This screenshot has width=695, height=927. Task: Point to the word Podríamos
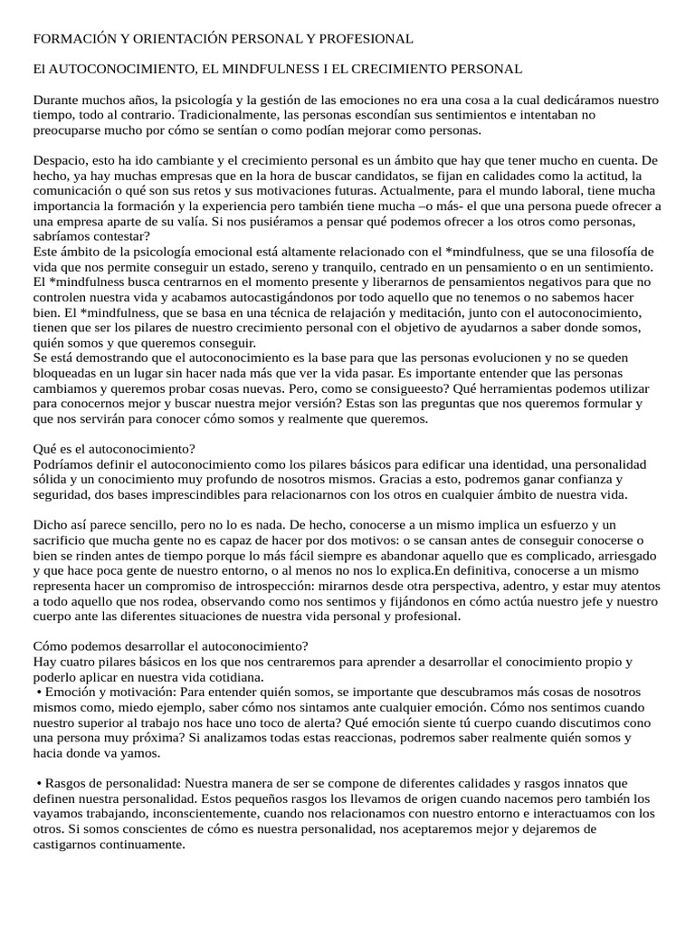coord(63,464)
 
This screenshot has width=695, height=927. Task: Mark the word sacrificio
coord(63,540)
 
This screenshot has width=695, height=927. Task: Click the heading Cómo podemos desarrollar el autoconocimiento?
coord(170,646)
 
